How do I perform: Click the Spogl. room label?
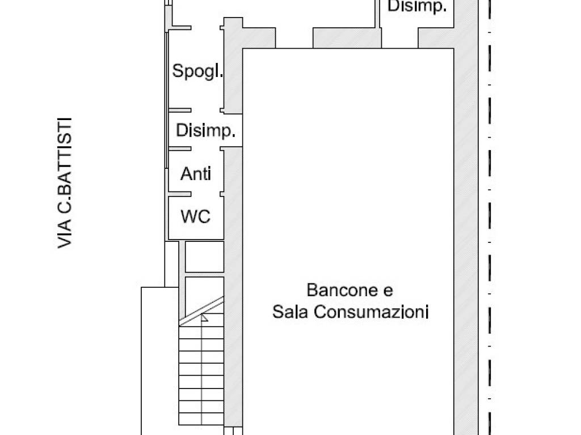(x=197, y=71)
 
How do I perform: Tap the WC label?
(x=196, y=216)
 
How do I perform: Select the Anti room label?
(x=196, y=173)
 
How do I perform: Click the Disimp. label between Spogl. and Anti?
(x=205, y=131)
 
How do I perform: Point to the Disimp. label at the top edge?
(x=417, y=6)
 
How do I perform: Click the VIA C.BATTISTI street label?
(x=65, y=183)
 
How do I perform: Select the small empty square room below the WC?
(x=204, y=257)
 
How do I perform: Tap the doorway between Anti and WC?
(x=205, y=194)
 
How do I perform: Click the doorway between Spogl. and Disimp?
(x=205, y=110)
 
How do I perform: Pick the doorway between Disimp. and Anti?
(x=205, y=149)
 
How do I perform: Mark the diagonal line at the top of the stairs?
(x=201, y=311)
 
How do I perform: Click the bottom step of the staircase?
(x=201, y=419)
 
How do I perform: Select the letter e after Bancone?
(x=388, y=291)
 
